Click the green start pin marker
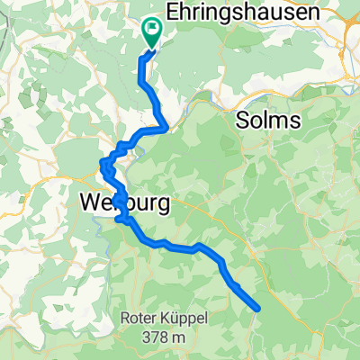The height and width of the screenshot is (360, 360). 151,34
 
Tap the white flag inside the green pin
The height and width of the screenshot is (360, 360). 151,29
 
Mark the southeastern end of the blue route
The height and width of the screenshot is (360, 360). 258,309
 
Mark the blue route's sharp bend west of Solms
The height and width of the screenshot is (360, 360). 164,127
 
